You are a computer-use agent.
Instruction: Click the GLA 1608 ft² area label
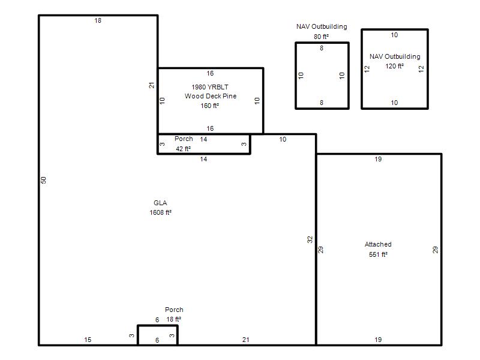[160, 208]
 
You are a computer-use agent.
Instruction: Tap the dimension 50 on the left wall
[43, 181]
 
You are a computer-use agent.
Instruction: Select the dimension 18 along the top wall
[98, 20]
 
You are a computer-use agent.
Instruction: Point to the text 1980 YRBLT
[210, 87]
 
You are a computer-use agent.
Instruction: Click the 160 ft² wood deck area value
[209, 106]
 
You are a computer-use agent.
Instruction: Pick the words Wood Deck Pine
[211, 96]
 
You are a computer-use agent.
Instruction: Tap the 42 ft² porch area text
[184, 149]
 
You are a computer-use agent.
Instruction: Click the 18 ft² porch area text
[173, 319]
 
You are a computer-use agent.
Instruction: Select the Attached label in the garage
[378, 244]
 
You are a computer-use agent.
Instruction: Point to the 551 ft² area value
[378, 254]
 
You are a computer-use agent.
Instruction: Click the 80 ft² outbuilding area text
[321, 37]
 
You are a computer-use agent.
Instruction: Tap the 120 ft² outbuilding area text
[395, 66]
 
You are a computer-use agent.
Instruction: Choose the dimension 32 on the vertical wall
[310, 239]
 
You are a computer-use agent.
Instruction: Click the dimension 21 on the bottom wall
[246, 340]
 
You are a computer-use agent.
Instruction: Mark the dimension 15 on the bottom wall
[88, 340]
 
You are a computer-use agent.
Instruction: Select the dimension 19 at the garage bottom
[378, 340]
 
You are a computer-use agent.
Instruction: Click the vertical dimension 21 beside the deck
[152, 85]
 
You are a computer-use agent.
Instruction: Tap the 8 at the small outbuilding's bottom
[322, 103]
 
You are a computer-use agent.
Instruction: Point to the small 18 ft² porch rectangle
[158, 326]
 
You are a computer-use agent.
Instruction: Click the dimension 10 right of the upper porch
[283, 139]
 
